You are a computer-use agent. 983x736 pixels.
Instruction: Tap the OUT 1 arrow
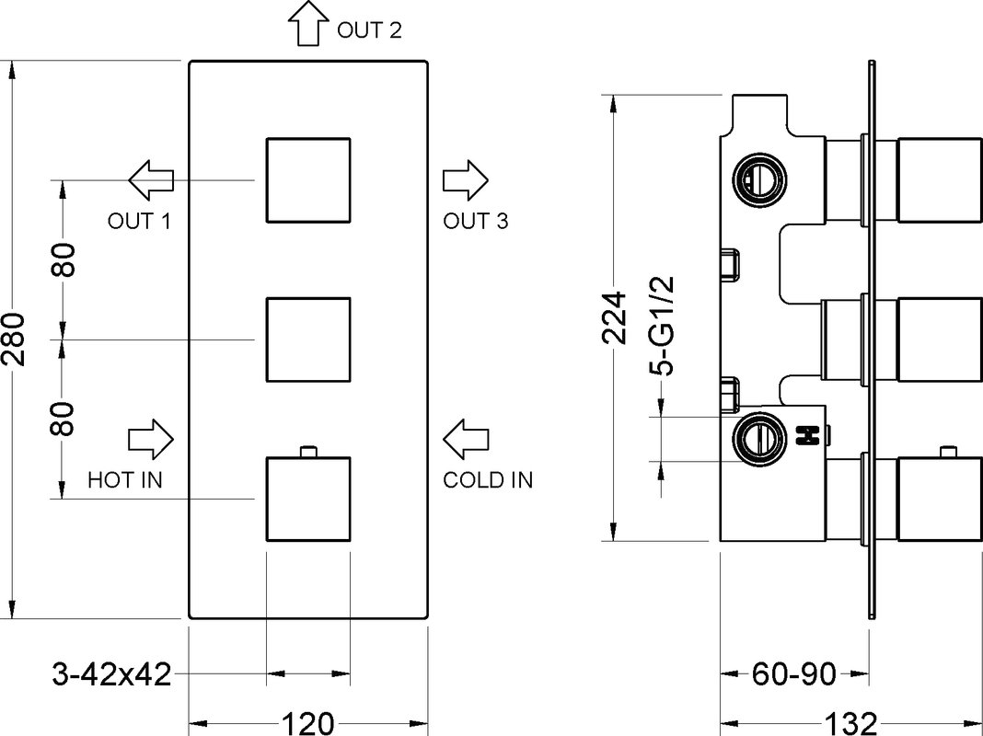coord(151,179)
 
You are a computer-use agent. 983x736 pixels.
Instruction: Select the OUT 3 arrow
coord(466,179)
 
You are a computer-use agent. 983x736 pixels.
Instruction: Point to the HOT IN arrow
coord(150,439)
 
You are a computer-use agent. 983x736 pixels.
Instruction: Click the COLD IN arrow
coord(466,439)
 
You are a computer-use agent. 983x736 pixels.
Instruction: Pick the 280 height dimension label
coord(14,339)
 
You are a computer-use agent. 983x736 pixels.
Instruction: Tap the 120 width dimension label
coord(307,723)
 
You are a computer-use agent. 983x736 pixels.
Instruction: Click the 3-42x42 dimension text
coord(111,674)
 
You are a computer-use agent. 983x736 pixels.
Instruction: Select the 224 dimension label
coord(614,317)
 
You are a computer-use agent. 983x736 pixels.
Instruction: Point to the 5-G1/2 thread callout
coord(662,326)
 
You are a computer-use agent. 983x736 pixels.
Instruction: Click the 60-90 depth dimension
coord(794,674)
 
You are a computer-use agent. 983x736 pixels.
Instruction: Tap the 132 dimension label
coord(850,724)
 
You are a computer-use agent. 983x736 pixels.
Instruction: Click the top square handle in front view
coord(308,179)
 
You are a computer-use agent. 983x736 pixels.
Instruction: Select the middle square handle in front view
coord(308,339)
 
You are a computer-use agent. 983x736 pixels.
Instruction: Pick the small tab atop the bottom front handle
coord(308,452)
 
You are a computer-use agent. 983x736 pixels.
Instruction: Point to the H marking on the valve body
coord(808,435)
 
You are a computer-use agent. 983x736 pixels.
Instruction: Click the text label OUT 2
coord(369,29)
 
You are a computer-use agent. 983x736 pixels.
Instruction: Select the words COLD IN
coord(488,480)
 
